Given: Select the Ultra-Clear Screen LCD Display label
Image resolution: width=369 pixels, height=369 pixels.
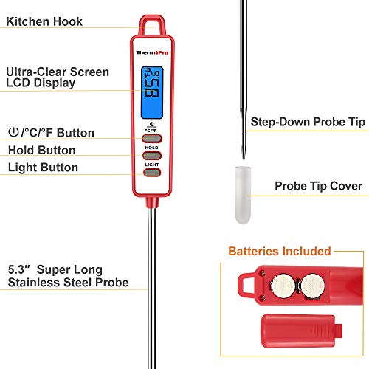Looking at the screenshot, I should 58,77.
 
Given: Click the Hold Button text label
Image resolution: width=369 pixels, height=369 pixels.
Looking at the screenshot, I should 41,151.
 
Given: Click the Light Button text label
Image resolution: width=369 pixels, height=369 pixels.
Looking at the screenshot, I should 43,168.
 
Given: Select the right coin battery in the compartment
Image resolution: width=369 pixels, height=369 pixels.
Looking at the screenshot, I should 310,284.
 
